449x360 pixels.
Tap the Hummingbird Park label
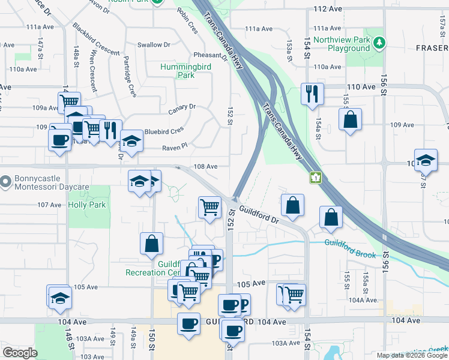185,71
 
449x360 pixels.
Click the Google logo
20,353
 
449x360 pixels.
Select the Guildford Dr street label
259,214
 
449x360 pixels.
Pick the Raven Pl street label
175,146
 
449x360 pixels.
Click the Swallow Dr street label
149,44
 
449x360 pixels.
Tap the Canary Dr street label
182,108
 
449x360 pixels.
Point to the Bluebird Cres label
164,130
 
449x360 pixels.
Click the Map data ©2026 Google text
412,355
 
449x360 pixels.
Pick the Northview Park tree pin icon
379,43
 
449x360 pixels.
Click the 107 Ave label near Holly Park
50,205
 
